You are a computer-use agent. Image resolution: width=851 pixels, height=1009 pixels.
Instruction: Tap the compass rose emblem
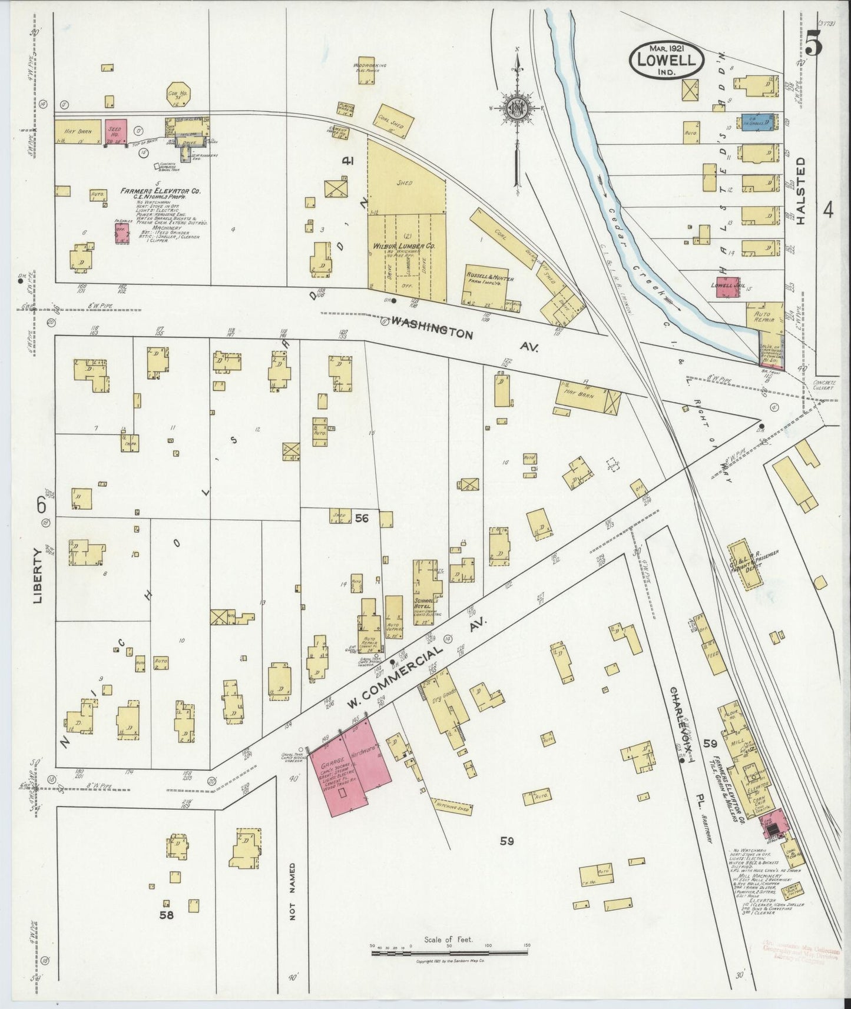click(x=516, y=108)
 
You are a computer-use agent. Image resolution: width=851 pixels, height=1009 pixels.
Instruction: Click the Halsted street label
click(x=800, y=190)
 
